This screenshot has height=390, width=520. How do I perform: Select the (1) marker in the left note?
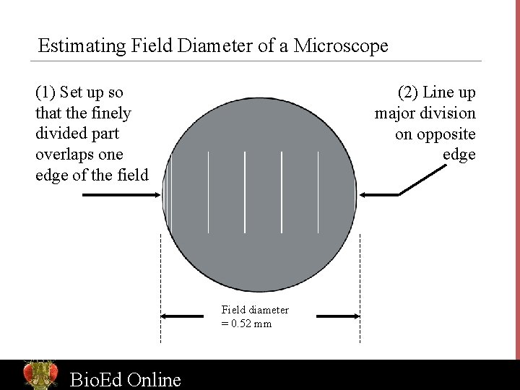[45, 92]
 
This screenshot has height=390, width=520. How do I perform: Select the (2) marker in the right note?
[408, 92]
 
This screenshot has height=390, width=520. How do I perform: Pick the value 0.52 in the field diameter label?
[243, 324]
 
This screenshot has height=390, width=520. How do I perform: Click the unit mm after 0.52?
[264, 324]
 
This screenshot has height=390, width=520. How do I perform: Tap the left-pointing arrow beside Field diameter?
[182, 316]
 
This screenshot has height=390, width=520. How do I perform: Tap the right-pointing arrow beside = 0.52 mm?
[338, 316]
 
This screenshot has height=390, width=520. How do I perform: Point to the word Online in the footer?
[154, 379]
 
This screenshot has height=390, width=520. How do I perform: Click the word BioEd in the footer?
[95, 379]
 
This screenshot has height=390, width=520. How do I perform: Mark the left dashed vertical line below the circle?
[160, 289]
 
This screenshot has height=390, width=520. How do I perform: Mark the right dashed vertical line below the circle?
[360, 289]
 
